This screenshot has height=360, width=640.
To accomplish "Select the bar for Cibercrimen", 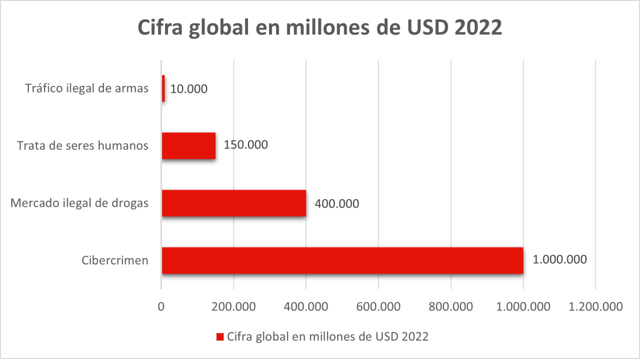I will coord(342,260).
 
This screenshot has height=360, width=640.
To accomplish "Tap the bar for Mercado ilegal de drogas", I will coord(234,203).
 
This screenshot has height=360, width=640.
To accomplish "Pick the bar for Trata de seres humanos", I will coord(188,145).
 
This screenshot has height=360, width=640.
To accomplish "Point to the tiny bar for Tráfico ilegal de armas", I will coord(163,89).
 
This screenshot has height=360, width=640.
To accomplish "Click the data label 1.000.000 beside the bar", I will coord(559,260).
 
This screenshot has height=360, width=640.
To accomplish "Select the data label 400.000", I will coord(336,203).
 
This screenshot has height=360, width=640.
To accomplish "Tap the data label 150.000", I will coord(245,145).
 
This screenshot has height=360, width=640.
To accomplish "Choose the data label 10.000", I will coord(188,89).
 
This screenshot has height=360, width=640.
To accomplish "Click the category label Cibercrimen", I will coord(115,260).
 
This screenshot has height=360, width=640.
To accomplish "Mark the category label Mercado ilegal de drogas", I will coord(79,203).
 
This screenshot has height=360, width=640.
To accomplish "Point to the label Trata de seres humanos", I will coord(82,145).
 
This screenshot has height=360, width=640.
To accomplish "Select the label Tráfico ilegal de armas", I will coord(86,88).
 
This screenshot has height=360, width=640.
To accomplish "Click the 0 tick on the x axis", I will coord(161,306).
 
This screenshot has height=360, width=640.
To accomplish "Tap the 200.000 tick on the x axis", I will coord(233,306).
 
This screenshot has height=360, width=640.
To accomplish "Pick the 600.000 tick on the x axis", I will coord(378,306).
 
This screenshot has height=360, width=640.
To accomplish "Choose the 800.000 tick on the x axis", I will coord(450,306).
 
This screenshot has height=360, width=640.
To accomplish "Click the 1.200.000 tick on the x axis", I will coord(595,306).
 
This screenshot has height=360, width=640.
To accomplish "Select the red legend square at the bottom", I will coord(220,337).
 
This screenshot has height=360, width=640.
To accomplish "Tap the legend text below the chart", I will coord(327,336).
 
